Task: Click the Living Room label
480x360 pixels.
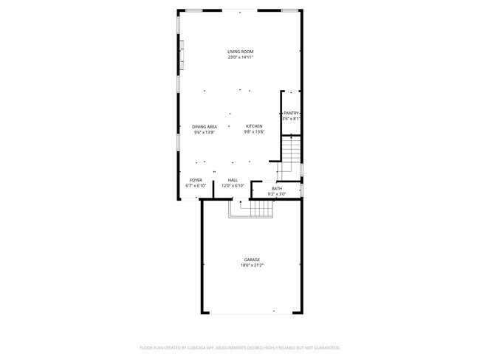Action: [240, 52]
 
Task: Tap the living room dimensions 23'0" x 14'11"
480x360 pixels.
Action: [240, 58]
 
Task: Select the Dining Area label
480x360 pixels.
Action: [205, 127]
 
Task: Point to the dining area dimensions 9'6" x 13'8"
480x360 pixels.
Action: [205, 133]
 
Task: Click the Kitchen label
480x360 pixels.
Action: [254, 127]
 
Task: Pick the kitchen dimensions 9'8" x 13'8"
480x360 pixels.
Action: [254, 133]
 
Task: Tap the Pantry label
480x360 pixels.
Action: [291, 113]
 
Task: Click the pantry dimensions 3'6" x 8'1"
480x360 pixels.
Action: [291, 119]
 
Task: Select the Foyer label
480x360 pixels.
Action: [196, 180]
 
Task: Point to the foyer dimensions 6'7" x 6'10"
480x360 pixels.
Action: [196, 186]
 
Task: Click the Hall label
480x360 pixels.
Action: [233, 180]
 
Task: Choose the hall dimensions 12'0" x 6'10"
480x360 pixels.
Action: [233, 186]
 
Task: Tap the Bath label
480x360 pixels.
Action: [277, 188]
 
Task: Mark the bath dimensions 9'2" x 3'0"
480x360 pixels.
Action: [277, 194]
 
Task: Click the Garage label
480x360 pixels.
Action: [252, 260]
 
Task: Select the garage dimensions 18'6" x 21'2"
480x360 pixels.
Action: [252, 266]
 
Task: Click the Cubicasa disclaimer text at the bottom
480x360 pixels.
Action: [240, 347]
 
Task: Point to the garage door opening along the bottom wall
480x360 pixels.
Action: [251, 312]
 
